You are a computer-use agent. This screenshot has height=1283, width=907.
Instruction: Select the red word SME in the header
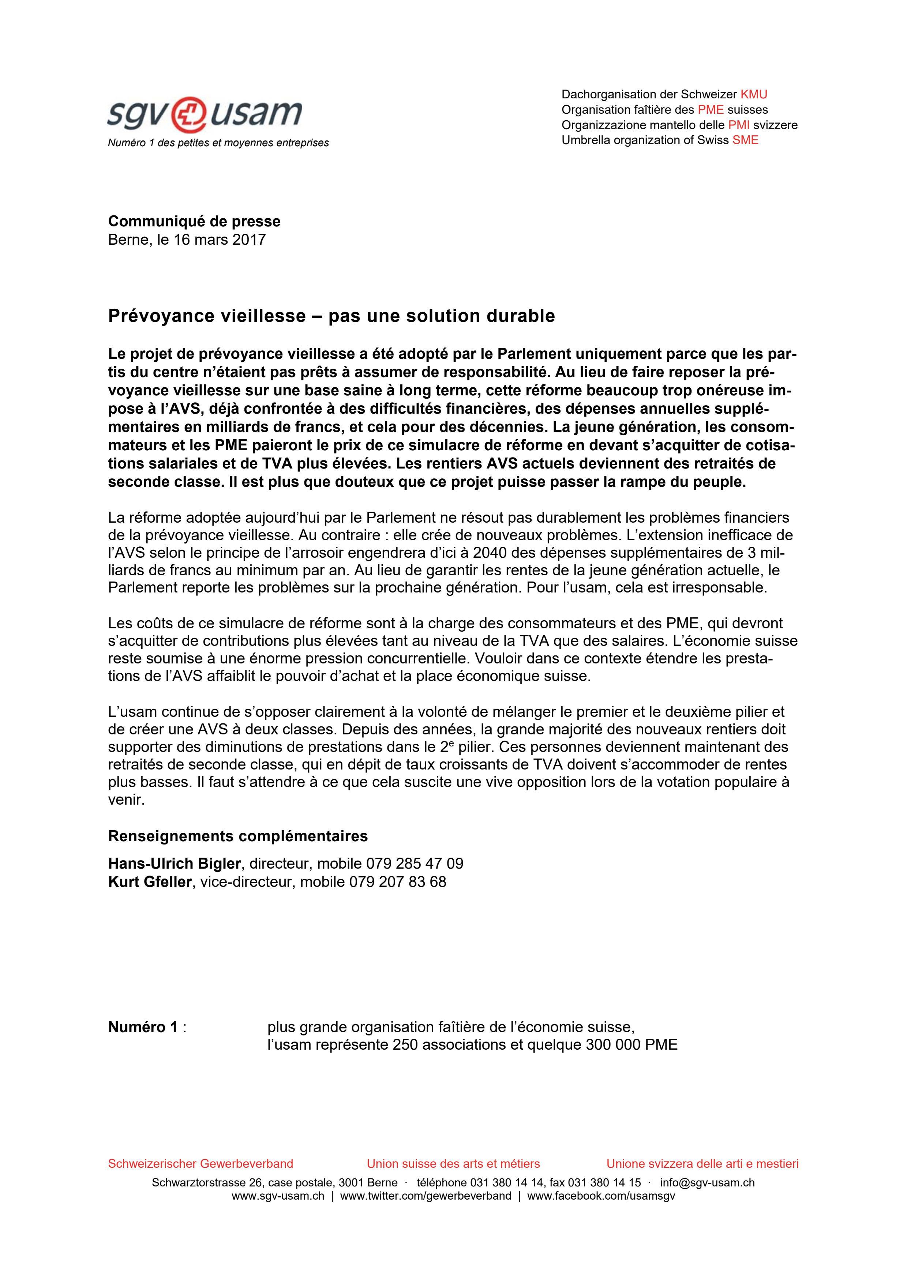click(x=746, y=140)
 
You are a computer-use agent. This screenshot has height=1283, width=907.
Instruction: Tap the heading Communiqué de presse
click(x=194, y=221)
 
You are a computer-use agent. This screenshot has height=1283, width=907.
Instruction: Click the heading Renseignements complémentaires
click(x=237, y=836)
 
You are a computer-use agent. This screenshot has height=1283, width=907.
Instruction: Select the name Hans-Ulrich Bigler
click(x=174, y=864)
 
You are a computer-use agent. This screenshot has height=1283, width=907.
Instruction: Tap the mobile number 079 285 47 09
click(x=415, y=864)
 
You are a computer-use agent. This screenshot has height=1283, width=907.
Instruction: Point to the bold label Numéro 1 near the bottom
click(x=142, y=1027)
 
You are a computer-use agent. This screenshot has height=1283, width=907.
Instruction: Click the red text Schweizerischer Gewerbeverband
click(x=200, y=1163)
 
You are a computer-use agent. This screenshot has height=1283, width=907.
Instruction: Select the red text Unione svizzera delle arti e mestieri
click(x=702, y=1163)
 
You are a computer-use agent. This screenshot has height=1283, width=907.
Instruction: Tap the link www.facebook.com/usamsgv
click(x=601, y=1196)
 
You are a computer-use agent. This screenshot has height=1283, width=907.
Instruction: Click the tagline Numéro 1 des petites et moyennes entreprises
click(x=218, y=143)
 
